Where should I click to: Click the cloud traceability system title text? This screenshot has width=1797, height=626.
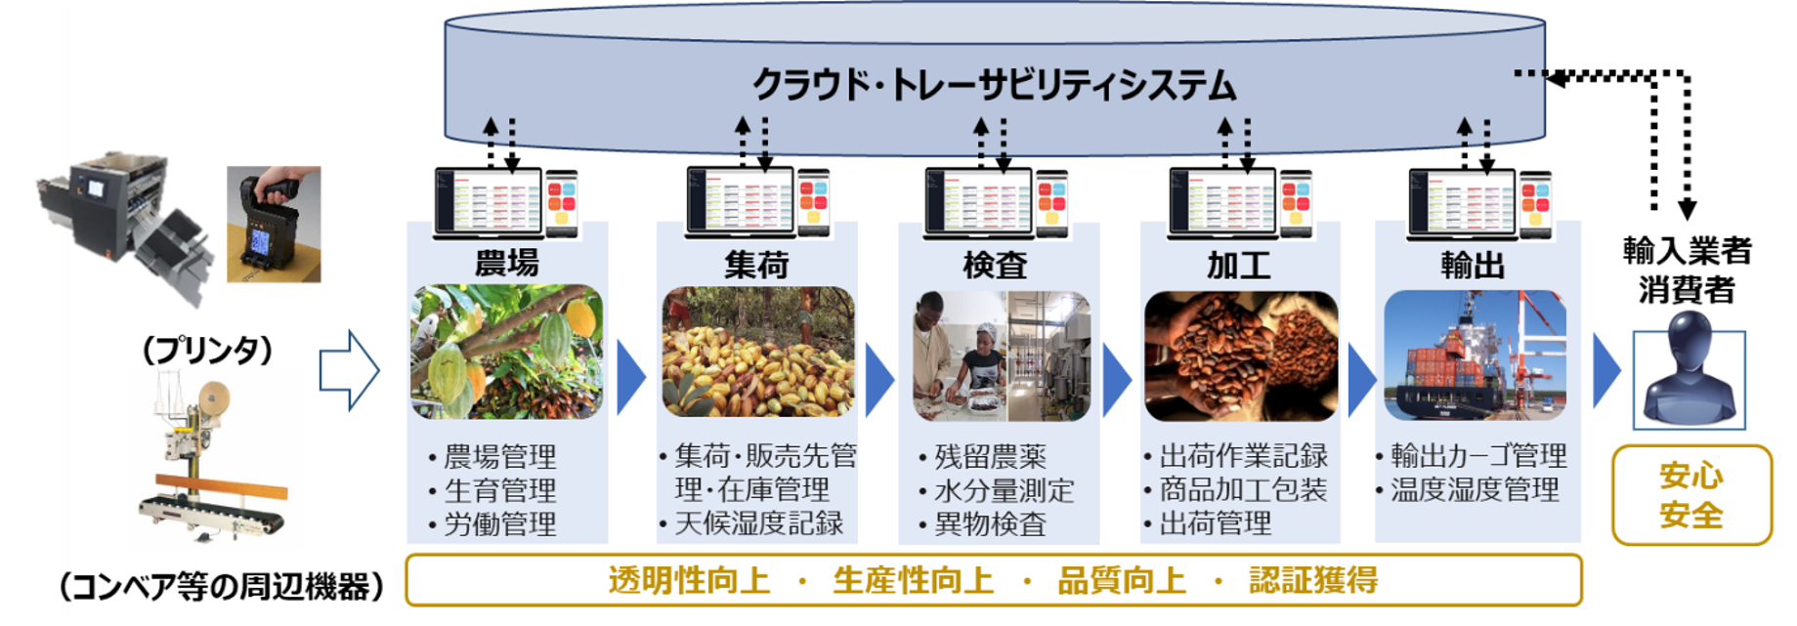[x=994, y=86]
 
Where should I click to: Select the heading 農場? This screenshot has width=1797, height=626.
[x=506, y=264]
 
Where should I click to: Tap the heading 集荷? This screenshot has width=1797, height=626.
[x=756, y=265]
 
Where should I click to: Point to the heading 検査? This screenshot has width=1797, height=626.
[x=995, y=265]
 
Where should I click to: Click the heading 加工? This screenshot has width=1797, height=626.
[x=1238, y=265]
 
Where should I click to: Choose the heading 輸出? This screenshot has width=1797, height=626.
[x=1473, y=265]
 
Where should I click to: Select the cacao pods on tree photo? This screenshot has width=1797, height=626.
[x=506, y=352]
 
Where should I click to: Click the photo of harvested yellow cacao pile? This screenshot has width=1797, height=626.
[x=757, y=353]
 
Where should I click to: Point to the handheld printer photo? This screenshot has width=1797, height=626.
[x=274, y=225]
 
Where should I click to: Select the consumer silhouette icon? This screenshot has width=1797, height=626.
[x=1689, y=379]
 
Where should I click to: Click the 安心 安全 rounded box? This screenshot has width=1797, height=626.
[x=1690, y=495]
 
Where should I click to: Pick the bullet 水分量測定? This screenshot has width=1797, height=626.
[x=1004, y=490]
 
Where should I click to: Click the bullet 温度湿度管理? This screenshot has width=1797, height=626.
[x=1474, y=489]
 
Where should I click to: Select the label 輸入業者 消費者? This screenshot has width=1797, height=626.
[x=1687, y=270]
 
